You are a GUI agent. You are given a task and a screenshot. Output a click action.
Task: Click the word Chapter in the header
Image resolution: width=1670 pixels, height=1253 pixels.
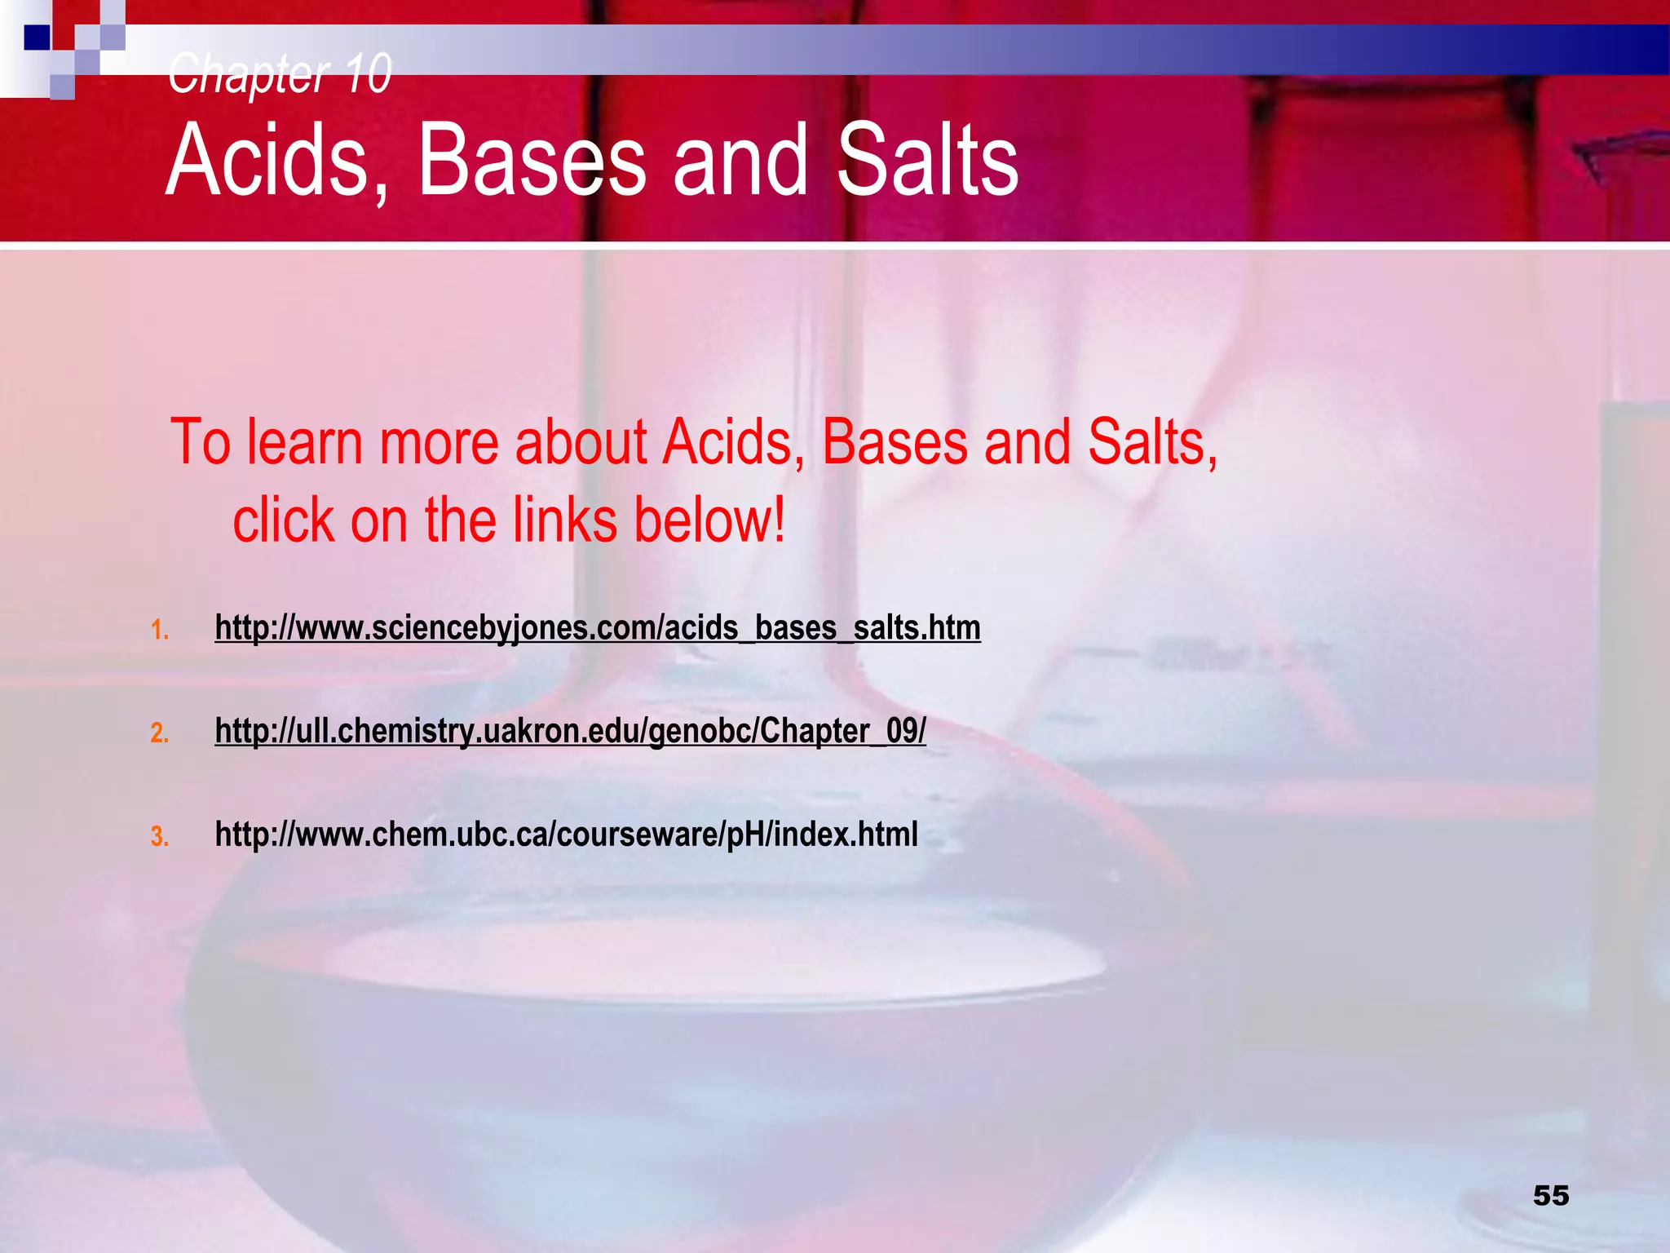tap(248, 73)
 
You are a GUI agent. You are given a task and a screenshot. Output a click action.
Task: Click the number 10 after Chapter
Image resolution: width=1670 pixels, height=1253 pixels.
tap(367, 73)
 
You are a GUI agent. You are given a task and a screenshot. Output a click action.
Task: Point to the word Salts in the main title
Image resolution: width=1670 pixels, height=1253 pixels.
tap(928, 161)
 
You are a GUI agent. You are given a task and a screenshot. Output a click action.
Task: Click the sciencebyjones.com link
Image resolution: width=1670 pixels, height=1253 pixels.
tap(598, 628)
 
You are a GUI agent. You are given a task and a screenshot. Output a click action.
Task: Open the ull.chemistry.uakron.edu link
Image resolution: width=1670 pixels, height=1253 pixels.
tap(570, 731)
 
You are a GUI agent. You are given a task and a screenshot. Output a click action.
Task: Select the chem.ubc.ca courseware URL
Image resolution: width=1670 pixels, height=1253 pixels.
tap(566, 835)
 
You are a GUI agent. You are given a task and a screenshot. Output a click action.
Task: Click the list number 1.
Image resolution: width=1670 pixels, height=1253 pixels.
tap(160, 630)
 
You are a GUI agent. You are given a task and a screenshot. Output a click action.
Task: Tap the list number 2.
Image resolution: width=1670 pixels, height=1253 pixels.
tap(160, 733)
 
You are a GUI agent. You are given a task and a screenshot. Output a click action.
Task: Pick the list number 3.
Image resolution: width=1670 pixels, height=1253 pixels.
tap(160, 837)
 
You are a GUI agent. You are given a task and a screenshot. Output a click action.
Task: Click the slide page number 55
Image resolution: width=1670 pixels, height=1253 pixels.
tap(1551, 1195)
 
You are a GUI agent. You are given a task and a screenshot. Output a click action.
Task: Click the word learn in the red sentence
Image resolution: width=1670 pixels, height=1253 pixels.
tap(305, 443)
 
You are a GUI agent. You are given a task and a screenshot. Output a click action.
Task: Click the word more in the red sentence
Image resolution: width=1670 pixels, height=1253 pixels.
tap(438, 443)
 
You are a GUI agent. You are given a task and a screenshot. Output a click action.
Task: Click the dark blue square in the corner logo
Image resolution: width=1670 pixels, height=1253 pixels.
tap(37, 38)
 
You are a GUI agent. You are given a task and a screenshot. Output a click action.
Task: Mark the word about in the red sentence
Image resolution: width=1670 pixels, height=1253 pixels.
tap(581, 443)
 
